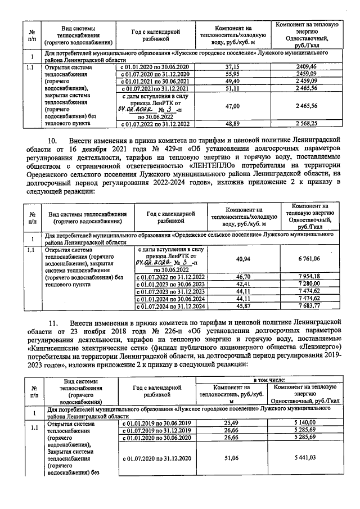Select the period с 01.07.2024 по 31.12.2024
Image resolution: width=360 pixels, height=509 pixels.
(x=172, y=306)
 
